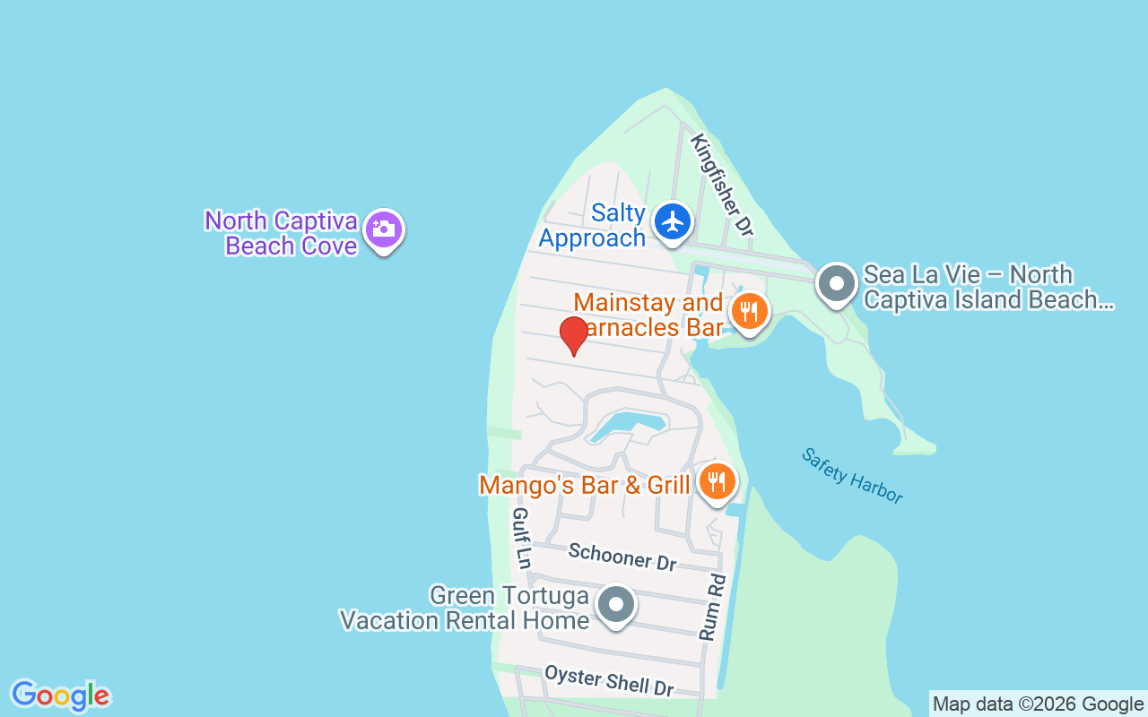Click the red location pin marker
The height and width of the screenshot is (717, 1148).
click(573, 334)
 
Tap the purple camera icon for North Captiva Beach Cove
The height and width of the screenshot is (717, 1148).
click(383, 229)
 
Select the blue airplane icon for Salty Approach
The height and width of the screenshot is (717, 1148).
click(672, 221)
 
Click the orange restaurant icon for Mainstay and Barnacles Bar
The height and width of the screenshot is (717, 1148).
click(747, 312)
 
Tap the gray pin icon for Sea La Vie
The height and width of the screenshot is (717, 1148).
click(837, 284)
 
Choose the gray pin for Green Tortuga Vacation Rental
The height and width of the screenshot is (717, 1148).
click(615, 605)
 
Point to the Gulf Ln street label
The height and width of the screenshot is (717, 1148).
click(520, 538)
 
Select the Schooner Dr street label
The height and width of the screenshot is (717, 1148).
click(622, 557)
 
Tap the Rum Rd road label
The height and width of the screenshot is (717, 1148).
click(712, 608)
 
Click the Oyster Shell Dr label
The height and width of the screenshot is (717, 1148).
click(609, 680)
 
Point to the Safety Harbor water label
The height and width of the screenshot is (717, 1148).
click(852, 476)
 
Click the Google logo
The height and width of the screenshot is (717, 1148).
click(60, 695)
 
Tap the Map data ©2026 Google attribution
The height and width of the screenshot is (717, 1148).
click(1038, 704)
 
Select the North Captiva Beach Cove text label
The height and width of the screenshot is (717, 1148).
click(282, 233)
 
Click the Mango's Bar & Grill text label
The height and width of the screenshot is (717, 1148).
click(585, 485)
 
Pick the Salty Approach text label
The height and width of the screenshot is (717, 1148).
click(592, 226)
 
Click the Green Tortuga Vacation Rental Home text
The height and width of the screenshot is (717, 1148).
click(464, 608)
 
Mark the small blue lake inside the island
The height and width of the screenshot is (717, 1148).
click(627, 425)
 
